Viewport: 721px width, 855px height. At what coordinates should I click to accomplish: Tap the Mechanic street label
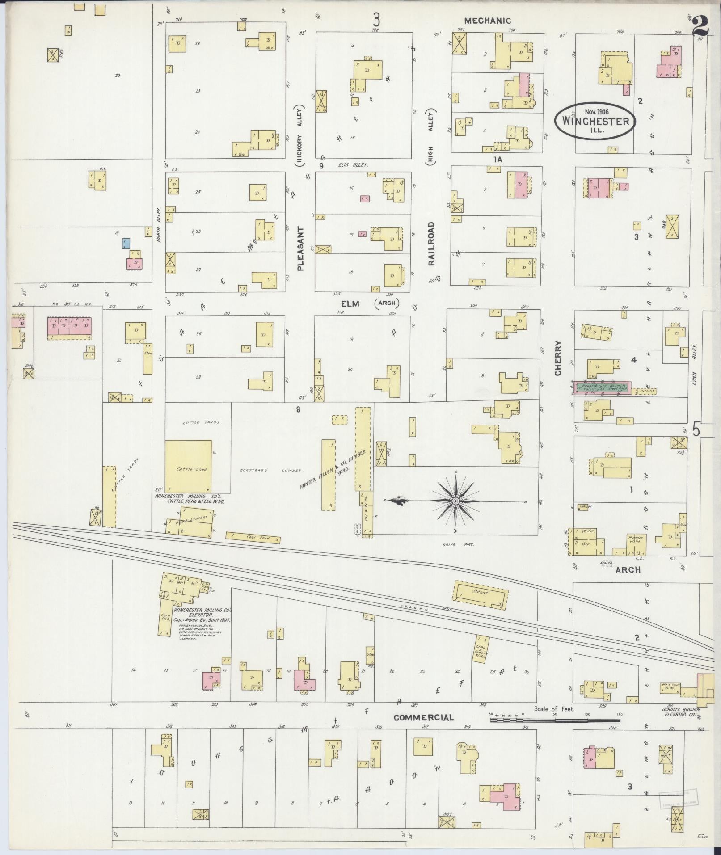(x=487, y=21)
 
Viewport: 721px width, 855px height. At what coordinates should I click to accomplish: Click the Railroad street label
(x=431, y=244)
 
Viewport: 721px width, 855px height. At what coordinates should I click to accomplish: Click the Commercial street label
(x=424, y=717)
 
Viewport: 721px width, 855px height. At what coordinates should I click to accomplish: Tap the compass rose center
(x=455, y=501)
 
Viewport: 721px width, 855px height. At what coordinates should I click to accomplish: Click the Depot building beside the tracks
(x=481, y=595)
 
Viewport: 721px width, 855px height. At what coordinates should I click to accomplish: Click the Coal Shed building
(x=253, y=538)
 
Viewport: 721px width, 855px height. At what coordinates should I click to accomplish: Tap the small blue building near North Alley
(x=126, y=244)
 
